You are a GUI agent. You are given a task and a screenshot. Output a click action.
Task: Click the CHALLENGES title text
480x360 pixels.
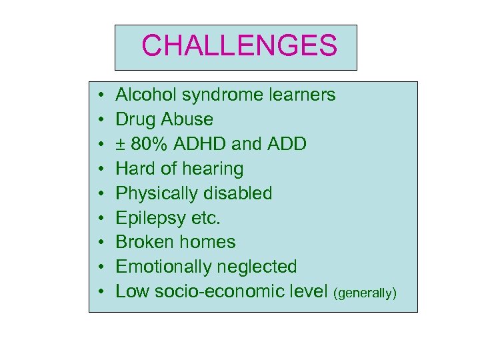239,46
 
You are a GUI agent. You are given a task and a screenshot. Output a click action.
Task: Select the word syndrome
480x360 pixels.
211,95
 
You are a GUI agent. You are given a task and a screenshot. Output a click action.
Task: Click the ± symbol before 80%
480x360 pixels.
121,145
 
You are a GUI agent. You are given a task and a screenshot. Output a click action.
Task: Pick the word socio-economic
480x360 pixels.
219,291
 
